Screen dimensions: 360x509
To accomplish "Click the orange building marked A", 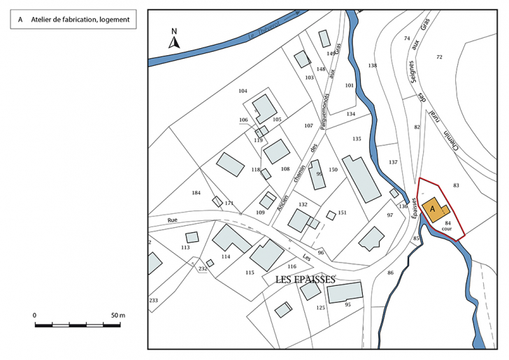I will pyautogui.click(x=433, y=209).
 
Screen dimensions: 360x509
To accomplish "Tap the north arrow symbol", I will pyautogui.click(x=175, y=38).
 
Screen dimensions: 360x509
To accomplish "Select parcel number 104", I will pyautogui.click(x=243, y=92).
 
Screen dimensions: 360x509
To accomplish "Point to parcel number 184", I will pyautogui.click(x=196, y=192).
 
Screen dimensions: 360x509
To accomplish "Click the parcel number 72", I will pyautogui.click(x=439, y=57).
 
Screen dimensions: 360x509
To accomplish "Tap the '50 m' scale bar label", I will pyautogui.click(x=117, y=315).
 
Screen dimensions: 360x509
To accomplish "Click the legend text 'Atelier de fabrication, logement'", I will pyautogui.click(x=80, y=20).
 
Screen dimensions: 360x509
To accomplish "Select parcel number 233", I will pyautogui.click(x=153, y=300).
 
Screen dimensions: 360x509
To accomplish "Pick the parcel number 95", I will pyautogui.click(x=347, y=304).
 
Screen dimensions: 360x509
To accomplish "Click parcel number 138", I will pyautogui.click(x=372, y=66).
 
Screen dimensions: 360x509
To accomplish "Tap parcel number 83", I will pyautogui.click(x=456, y=185).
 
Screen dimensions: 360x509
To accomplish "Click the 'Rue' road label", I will pyautogui.click(x=173, y=220).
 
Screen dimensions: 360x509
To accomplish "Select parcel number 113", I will pyautogui.click(x=185, y=247).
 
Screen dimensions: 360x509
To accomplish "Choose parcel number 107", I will pyautogui.click(x=308, y=126).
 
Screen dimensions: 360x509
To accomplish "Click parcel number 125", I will pyautogui.click(x=321, y=308).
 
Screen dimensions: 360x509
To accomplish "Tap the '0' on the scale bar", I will pyautogui.click(x=34, y=315).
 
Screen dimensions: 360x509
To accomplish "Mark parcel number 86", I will pyautogui.click(x=390, y=272).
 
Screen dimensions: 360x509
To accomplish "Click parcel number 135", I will pyautogui.click(x=357, y=139).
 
